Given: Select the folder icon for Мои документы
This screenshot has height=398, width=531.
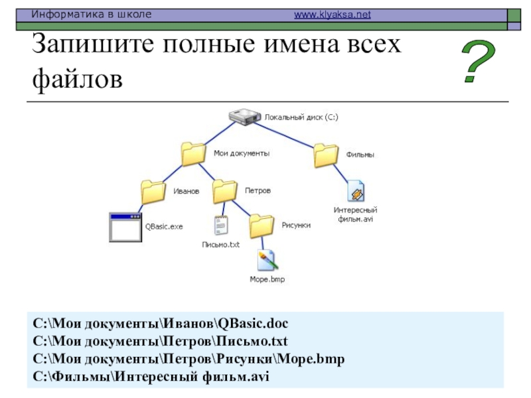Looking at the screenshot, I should [194, 153].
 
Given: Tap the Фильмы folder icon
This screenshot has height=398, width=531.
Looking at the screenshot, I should [327, 155].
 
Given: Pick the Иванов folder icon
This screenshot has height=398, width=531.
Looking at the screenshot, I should [154, 192].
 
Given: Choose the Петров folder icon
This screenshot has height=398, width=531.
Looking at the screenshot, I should [226, 191].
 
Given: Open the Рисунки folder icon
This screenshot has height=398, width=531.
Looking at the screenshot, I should [262, 226].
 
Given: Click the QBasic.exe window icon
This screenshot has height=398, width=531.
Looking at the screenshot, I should [125, 227].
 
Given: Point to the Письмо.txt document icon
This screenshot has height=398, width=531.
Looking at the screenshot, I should [220, 226].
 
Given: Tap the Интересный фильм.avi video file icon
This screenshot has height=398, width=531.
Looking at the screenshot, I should [355, 191].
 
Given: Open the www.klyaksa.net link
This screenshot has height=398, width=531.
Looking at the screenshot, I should [332, 14].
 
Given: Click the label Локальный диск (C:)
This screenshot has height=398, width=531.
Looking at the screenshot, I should [301, 117].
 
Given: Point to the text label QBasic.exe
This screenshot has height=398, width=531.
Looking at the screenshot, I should [164, 226].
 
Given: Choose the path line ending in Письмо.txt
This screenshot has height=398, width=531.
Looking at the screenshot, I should [161, 342].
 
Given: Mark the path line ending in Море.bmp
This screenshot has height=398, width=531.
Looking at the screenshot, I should [189, 360].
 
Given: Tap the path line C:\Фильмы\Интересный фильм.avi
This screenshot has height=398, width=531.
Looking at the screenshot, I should [152, 377].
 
